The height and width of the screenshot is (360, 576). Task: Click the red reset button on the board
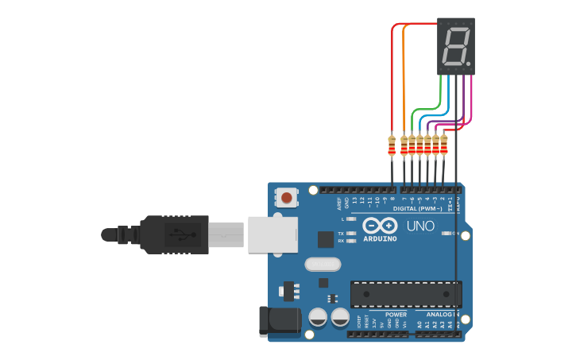tap(287, 197)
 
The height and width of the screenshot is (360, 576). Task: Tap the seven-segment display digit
tap(454, 48)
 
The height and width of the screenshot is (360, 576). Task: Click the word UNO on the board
tap(420, 226)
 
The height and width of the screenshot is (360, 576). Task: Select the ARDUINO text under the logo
tap(380, 238)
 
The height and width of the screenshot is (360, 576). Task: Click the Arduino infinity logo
tap(380, 226)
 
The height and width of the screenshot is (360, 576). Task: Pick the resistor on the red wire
tap(391, 145)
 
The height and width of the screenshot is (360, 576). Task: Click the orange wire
tap(404, 79)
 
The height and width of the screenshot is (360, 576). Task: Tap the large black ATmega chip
tap(405, 294)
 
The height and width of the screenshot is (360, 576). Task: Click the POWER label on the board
tap(396, 315)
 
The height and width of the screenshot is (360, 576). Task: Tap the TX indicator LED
tap(351, 234)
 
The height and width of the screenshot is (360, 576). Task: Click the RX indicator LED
tap(351, 241)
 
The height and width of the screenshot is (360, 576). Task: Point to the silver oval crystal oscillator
tap(323, 264)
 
